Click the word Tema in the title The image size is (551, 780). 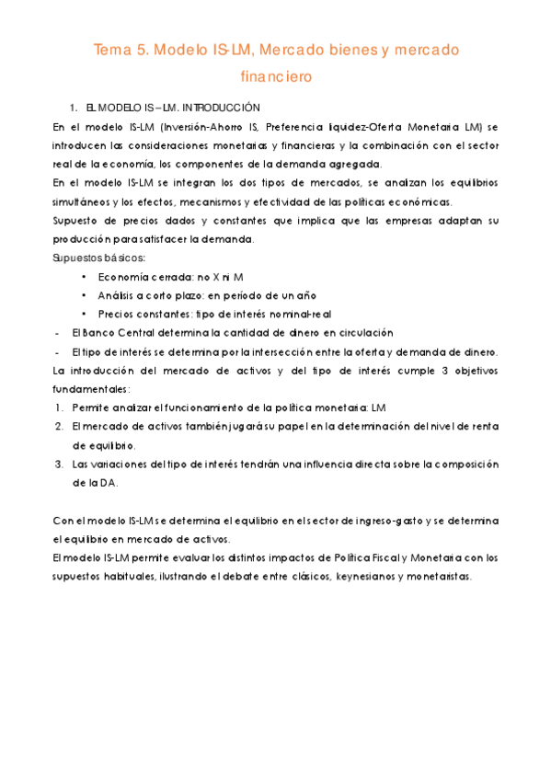pyautogui.click(x=112, y=49)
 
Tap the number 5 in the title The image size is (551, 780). pyautogui.click(x=142, y=49)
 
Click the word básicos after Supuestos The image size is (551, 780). pyautogui.click(x=117, y=257)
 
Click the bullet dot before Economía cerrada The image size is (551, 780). pyautogui.click(x=84, y=277)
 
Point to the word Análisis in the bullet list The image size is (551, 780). pyautogui.click(x=118, y=295)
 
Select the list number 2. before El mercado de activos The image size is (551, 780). pyautogui.click(x=59, y=426)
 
